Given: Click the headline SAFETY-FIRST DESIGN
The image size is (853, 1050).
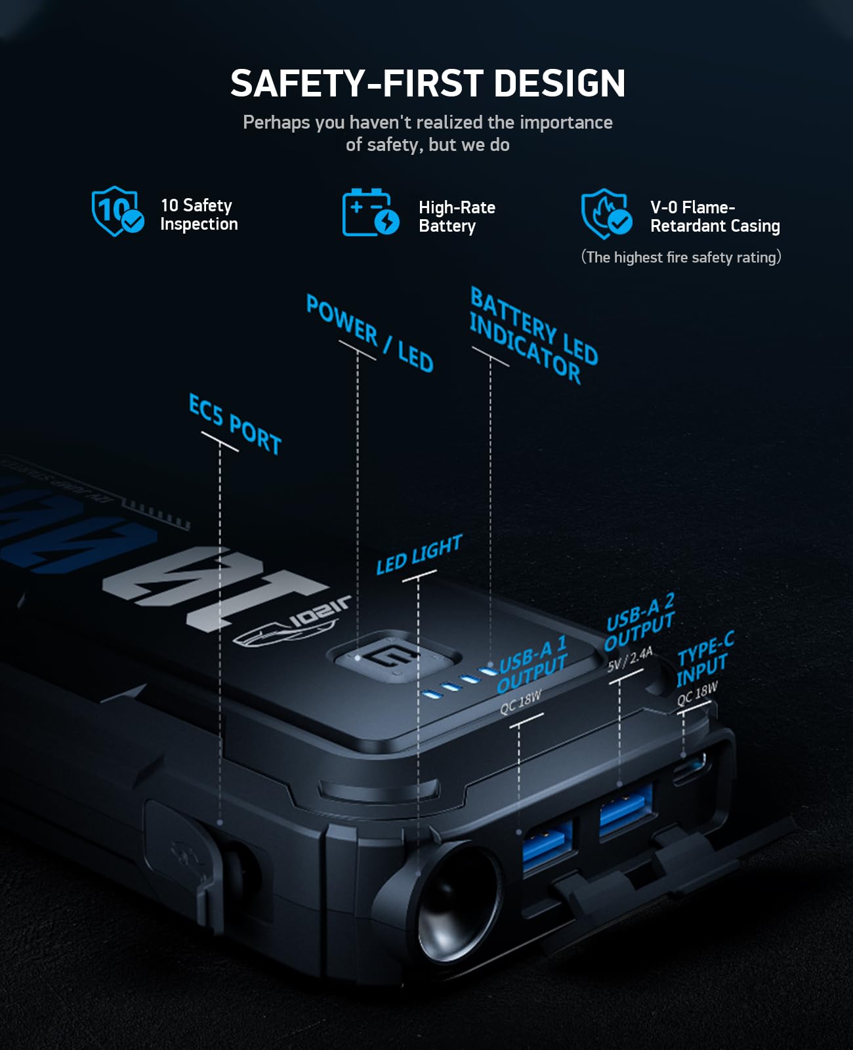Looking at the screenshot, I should pos(427,83).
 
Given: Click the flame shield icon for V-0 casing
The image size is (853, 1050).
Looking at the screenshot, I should pos(606,214).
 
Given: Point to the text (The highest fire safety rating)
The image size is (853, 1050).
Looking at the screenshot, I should pos(680,257).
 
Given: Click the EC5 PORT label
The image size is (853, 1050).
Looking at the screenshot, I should pos(235,425).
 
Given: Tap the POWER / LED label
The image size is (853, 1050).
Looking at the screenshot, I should pos(369,333).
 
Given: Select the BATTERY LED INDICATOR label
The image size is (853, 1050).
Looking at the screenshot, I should pos(532,336).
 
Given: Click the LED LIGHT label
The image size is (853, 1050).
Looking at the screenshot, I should pos(419,555).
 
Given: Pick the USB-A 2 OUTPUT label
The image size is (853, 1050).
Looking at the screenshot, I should pos(639,623).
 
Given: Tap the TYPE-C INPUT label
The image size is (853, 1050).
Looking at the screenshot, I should pos(705,660).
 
